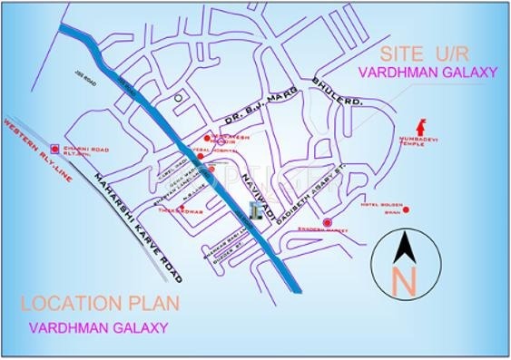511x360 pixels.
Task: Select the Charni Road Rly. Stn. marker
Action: [x=55, y=147]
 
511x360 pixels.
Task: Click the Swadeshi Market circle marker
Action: [x=328, y=222]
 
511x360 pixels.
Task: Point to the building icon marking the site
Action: [x=259, y=210]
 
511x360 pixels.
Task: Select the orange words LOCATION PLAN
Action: [x=100, y=302]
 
